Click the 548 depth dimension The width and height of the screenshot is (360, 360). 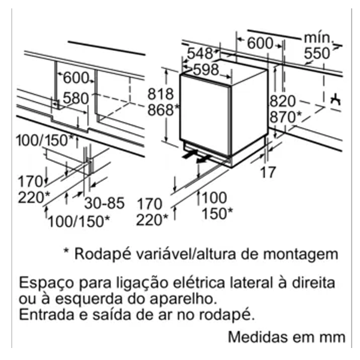click(200, 54)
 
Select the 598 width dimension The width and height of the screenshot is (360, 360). click(206, 70)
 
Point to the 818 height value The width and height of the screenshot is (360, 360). click(160, 94)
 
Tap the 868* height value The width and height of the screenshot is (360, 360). click(163, 110)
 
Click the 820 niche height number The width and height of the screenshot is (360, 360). click(283, 101)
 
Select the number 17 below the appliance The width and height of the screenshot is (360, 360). click(268, 172)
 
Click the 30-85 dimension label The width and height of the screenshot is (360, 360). click(104, 203)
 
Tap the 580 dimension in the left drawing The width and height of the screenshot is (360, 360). click(76, 98)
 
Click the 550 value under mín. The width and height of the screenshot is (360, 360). click(317, 53)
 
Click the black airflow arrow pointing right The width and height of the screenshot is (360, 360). click(190, 154)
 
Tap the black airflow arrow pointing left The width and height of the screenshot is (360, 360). click(203, 160)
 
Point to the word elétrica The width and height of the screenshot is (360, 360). click(199, 283)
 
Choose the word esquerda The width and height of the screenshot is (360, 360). click(88, 299)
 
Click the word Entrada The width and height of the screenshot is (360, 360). click(47, 314)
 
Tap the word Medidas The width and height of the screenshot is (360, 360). click(258, 337)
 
